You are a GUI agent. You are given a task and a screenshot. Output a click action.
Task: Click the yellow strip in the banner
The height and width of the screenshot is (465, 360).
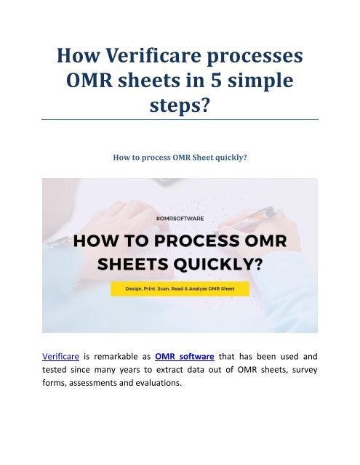[x=180, y=288]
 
